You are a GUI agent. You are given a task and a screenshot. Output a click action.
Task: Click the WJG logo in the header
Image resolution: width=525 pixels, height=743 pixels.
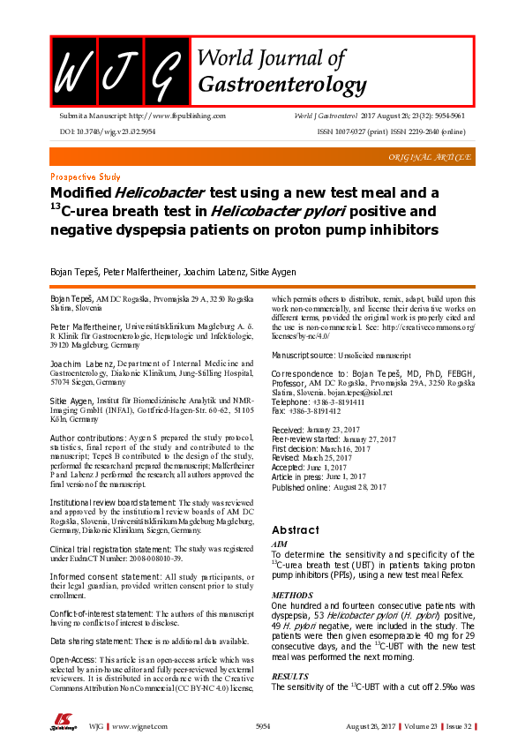point(116,71)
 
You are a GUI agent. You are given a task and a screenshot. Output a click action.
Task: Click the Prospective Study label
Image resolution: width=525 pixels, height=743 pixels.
point(86,176)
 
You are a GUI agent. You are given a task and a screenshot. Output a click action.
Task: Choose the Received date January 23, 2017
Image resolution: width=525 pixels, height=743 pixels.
point(321,454)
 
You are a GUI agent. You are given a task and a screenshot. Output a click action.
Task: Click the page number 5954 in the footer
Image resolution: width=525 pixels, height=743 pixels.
point(262,724)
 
